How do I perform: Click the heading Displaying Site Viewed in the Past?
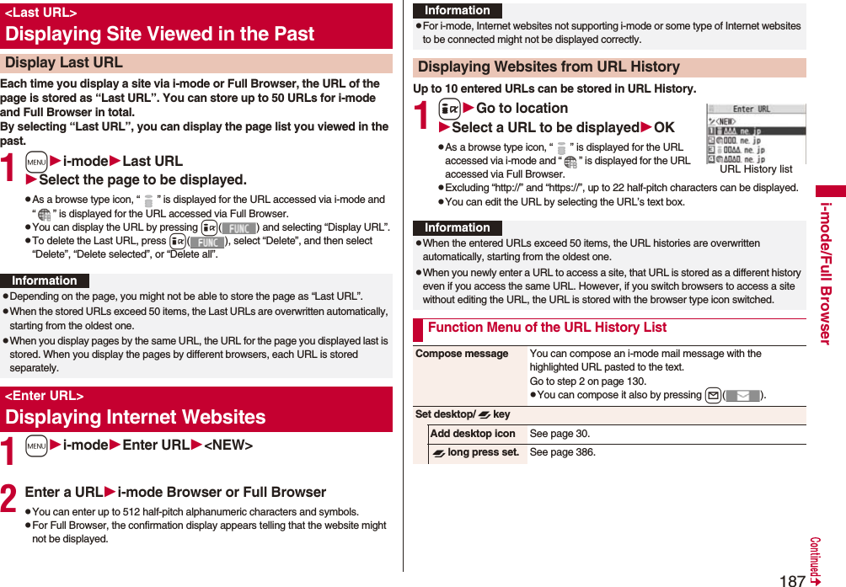[159, 35]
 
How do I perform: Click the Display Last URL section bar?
[64, 63]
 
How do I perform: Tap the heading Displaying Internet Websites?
[135, 417]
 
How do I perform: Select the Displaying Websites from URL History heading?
[549, 67]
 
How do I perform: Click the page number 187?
[791, 579]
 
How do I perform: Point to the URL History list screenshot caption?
[756, 169]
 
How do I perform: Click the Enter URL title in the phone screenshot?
[751, 109]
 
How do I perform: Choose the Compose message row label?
[462, 354]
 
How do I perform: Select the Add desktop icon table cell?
[473, 434]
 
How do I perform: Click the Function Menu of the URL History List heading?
[547, 328]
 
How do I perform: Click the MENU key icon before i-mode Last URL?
[36, 161]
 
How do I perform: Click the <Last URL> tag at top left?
[40, 13]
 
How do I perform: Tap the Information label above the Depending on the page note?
[45, 280]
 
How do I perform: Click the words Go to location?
[522, 108]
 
